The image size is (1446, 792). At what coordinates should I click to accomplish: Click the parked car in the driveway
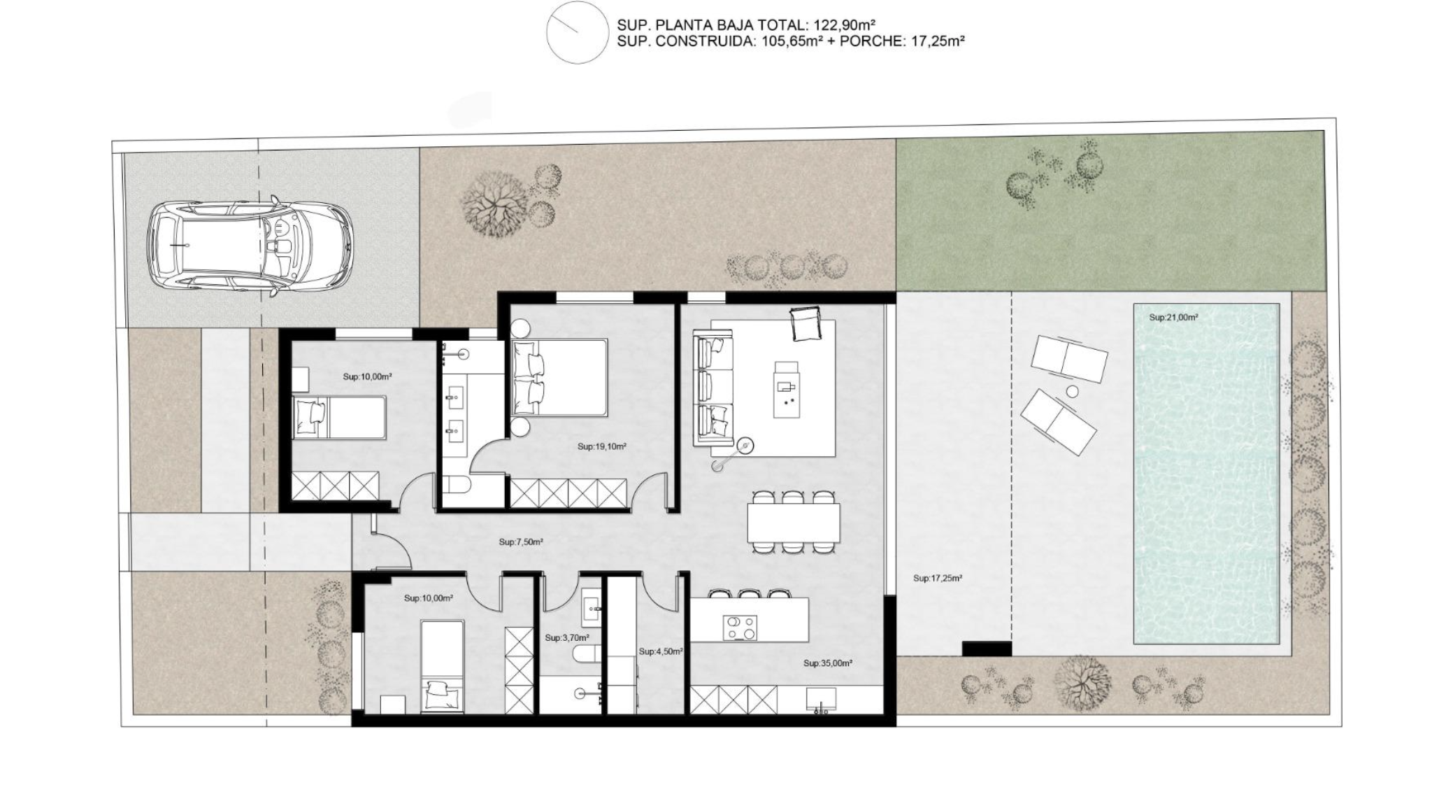click(x=250, y=246)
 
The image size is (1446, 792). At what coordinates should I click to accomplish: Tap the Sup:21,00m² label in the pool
click(x=1173, y=318)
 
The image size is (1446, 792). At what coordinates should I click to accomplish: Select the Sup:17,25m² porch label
click(x=938, y=579)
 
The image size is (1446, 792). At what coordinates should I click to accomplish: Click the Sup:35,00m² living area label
click(x=828, y=663)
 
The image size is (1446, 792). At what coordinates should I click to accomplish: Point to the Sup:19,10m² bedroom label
click(x=601, y=446)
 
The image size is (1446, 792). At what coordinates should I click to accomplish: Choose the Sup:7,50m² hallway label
click(x=521, y=542)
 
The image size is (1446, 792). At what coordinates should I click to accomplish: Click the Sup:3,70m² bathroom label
click(x=567, y=638)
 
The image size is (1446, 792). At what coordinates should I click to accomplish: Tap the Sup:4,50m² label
click(x=661, y=651)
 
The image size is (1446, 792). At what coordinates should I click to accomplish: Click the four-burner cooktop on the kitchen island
click(x=740, y=628)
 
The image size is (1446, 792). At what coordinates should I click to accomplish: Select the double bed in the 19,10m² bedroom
click(x=559, y=378)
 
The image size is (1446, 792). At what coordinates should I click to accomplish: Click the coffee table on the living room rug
click(x=787, y=390)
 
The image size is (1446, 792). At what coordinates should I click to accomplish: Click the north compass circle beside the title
click(x=578, y=32)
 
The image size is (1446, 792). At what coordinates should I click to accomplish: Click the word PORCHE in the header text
click(x=873, y=41)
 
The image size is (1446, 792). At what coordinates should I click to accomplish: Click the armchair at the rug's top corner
click(x=806, y=324)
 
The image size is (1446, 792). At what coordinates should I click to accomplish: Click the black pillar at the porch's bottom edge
click(x=987, y=649)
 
